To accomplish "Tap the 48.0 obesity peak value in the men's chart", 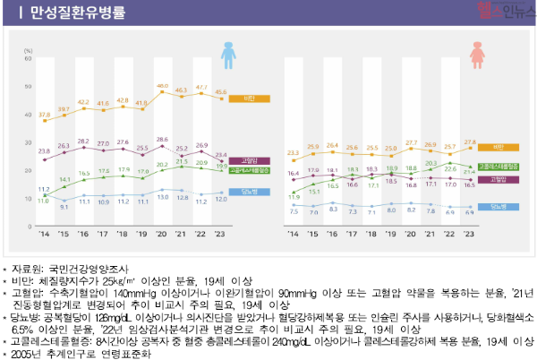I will (163, 86).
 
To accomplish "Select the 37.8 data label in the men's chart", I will (44, 115).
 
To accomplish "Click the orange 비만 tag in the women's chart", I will (498, 146).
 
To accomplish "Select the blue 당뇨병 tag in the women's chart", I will (498, 207).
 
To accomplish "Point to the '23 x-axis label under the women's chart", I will (468, 236).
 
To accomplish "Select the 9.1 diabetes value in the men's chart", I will (64, 206).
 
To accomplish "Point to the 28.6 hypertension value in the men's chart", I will (163, 140).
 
